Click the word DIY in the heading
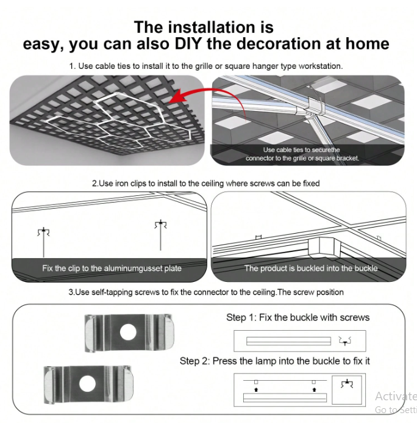point(188,43)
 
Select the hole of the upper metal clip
point(128,332)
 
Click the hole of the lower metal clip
point(87,384)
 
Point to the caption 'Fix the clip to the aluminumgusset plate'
point(112,268)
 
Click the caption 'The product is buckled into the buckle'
point(311,268)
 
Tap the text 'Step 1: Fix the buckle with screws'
point(298,317)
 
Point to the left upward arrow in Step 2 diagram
point(256,389)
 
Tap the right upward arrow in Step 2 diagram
point(315,389)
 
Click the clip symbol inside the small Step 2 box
point(347,384)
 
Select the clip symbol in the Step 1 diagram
point(345,341)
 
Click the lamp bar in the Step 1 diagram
point(288,341)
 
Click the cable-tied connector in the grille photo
point(315,106)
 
